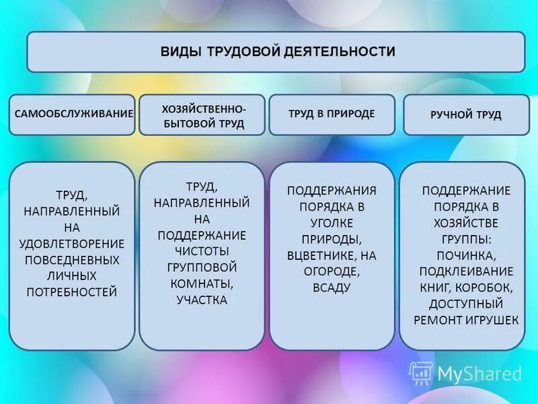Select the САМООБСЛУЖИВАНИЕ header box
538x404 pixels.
pyautogui.click(x=72, y=114)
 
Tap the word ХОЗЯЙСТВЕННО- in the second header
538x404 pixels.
pyautogui.click(x=204, y=108)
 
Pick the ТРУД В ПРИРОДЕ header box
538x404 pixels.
pyautogui.click(x=332, y=114)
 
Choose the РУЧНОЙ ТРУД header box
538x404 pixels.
pyautogui.click(x=465, y=115)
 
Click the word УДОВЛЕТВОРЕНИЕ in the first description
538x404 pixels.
pyautogui.click(x=72, y=243)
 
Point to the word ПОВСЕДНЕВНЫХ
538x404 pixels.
pyautogui.click(x=72, y=259)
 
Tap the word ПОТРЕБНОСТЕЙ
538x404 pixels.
pyautogui.click(x=72, y=292)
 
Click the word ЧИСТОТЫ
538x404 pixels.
pyautogui.click(x=202, y=250)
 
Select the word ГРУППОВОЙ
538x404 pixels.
pyautogui.click(x=202, y=267)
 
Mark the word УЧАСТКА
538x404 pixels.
pyautogui.click(x=202, y=300)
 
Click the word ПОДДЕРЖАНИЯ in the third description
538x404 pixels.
pyautogui.click(x=332, y=191)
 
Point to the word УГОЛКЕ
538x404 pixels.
pyautogui.click(x=332, y=223)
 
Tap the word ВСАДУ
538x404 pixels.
pyautogui.click(x=332, y=288)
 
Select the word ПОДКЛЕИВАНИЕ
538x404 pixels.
pyautogui.click(x=466, y=271)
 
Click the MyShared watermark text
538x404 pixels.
pyautogui.click(x=479, y=374)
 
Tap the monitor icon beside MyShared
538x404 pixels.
pyautogui.click(x=421, y=373)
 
